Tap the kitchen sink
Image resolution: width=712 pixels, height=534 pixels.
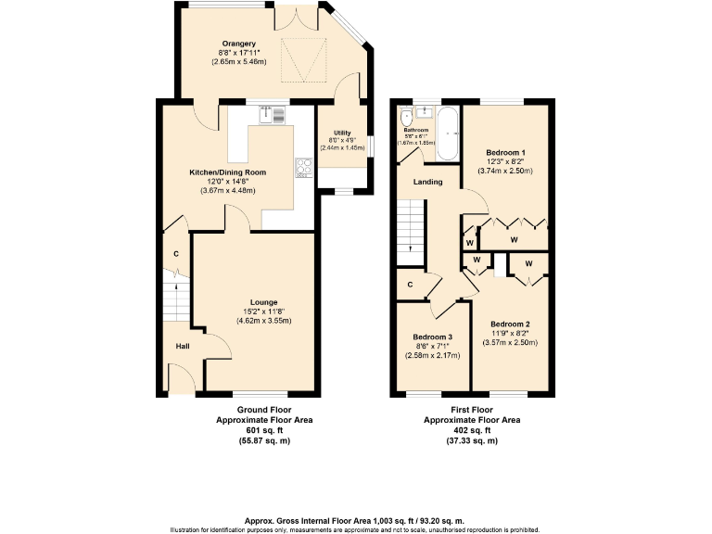coord(275,115)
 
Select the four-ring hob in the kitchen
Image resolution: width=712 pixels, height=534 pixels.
coord(303,167)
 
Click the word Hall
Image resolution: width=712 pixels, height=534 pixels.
coord(183,346)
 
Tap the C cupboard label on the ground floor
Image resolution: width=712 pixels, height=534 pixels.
coord(175,254)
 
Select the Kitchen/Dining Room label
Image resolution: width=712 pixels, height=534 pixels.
coord(228,172)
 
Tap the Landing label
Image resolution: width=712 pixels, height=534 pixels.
coord(427,182)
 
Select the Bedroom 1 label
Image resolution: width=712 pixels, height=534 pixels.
coord(505,151)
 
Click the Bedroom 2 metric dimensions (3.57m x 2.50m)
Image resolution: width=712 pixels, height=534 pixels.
coord(510,342)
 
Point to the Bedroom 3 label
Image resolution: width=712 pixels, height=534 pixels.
coord(433,336)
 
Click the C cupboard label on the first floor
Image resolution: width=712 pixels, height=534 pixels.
coord(410,285)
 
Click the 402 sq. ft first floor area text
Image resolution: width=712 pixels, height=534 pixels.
coord(472,430)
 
